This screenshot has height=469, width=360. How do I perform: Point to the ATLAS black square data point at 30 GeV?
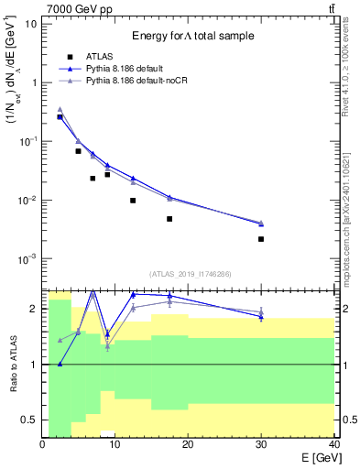[261, 239]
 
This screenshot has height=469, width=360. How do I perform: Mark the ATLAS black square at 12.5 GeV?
[133, 201]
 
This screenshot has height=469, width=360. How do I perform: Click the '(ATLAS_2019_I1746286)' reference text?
[189, 274]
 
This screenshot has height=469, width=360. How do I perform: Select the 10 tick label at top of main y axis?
[31, 23]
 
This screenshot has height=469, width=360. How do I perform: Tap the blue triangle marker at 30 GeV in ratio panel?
[261, 316]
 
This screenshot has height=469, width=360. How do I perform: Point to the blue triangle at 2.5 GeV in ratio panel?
[60, 364]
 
